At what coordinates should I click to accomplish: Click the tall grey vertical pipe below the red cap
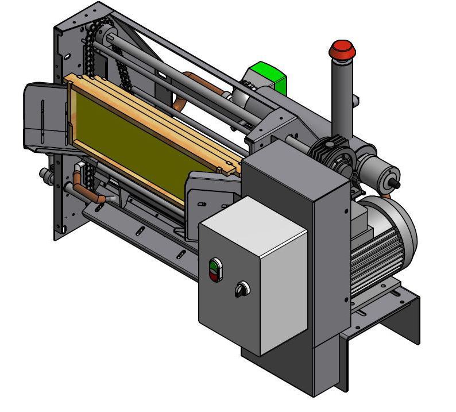coord(342,98)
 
